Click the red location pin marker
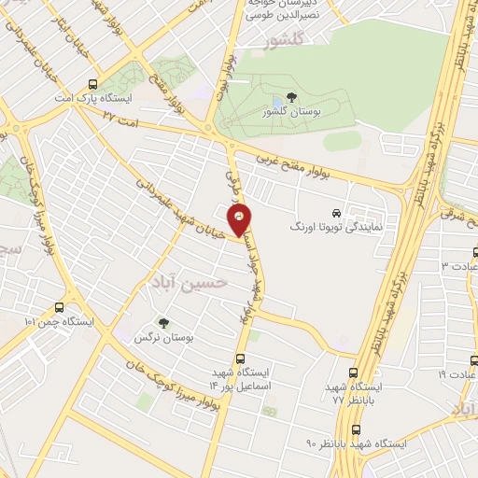(241, 220)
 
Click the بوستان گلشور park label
(292, 112)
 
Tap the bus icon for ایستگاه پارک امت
(91, 82)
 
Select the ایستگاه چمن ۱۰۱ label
(60, 322)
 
